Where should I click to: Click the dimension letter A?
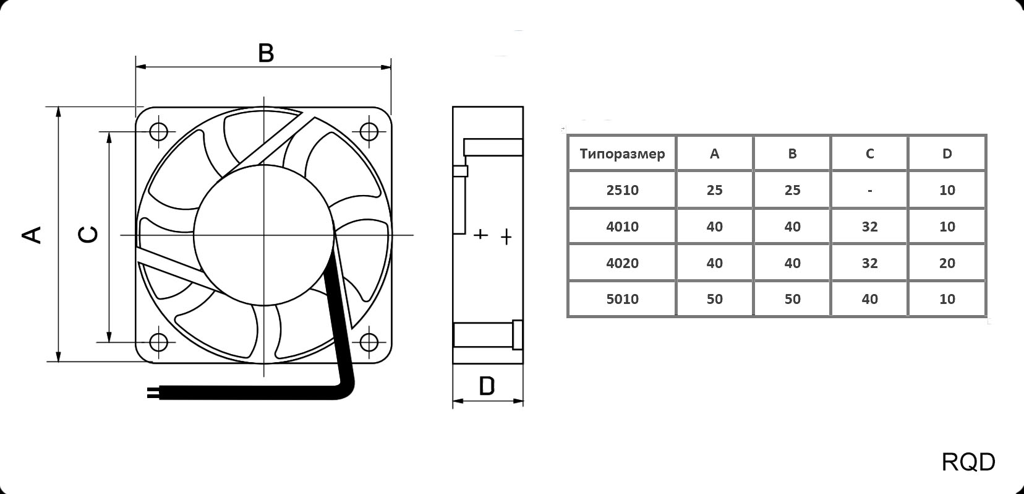(x=32, y=235)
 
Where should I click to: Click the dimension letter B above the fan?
(x=266, y=53)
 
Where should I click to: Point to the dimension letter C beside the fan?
(x=88, y=235)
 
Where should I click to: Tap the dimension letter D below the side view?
(x=487, y=386)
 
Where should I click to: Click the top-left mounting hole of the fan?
(x=159, y=132)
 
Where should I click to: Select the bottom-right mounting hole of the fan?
(x=369, y=342)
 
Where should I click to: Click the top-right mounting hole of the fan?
(x=369, y=132)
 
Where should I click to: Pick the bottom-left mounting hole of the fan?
(x=159, y=342)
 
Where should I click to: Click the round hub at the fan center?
(x=264, y=235)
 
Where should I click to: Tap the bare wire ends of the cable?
(x=152, y=392)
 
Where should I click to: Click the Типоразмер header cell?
(x=622, y=154)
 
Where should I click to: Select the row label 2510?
(x=622, y=190)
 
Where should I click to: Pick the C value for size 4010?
(x=869, y=227)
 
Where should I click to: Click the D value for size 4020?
(x=947, y=263)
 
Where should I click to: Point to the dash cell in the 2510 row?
(x=869, y=191)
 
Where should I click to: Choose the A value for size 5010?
(x=715, y=299)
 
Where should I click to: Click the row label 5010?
(x=622, y=299)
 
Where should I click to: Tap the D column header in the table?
(x=947, y=154)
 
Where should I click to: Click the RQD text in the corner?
(x=968, y=462)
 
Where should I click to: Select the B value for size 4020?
(x=792, y=263)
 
